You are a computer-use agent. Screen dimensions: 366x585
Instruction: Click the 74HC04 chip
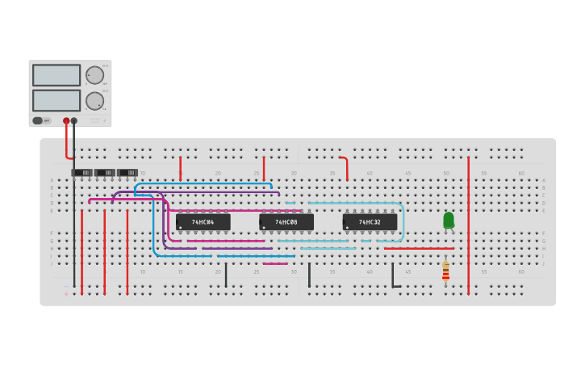203,221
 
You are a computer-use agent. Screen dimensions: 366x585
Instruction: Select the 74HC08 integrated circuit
286,221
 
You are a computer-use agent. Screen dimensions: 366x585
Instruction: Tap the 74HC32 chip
370,221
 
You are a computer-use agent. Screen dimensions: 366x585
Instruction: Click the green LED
449,220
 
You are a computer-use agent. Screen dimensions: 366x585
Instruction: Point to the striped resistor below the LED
445,271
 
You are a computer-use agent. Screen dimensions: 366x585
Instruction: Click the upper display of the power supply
56,75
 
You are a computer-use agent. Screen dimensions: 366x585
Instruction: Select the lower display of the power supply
56,100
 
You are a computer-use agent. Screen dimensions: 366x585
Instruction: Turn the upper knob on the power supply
94,75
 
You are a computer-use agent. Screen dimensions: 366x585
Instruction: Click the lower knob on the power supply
94,101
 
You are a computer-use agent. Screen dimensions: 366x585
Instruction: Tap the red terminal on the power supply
66,120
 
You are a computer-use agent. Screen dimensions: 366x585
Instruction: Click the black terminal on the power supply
74,120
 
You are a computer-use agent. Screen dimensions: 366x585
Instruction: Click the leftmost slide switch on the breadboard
81,172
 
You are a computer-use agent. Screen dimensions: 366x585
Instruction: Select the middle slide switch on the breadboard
105,172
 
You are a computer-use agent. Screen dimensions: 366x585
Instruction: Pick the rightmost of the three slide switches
127,172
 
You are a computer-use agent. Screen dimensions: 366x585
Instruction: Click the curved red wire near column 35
346,166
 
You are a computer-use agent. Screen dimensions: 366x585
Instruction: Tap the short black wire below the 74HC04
226,275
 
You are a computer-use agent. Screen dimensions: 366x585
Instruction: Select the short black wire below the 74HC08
309,275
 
